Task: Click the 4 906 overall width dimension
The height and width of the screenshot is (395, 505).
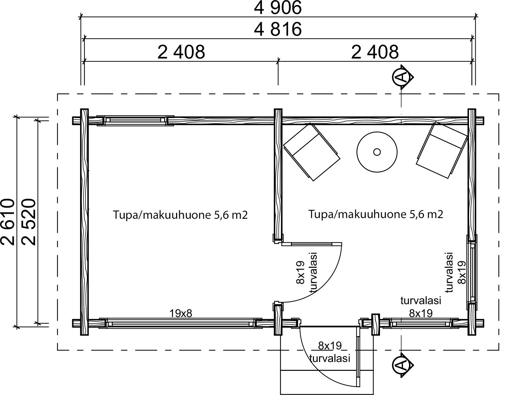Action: tap(278, 8)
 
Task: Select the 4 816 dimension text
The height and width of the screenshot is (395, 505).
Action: tap(278, 29)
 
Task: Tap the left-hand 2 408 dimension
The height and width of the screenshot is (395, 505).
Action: tap(181, 52)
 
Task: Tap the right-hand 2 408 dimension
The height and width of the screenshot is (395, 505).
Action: tap(375, 52)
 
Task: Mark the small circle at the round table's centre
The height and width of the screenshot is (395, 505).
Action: tap(377, 152)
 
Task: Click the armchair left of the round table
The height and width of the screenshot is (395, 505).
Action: tap(312, 152)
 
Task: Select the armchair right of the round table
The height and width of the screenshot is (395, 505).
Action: tap(442, 150)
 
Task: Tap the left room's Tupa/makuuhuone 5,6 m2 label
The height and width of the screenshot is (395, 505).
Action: tap(180, 215)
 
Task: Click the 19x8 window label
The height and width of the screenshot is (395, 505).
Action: tap(181, 314)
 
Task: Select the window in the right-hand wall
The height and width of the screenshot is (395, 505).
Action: tap(472, 272)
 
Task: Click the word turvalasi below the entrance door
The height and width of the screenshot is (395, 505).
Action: tap(330, 358)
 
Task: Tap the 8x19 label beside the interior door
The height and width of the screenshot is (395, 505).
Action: tap(300, 273)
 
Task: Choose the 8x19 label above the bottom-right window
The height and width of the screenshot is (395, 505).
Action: tap(421, 313)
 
